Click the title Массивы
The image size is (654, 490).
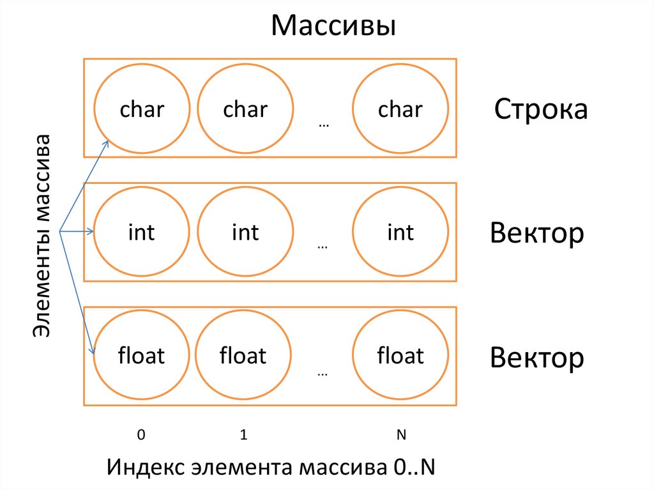point(333,27)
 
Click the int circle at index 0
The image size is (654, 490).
point(142,232)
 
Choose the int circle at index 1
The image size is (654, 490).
point(245,232)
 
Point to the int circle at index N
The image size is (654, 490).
point(400,232)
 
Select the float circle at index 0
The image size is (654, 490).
point(142,355)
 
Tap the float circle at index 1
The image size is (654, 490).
point(243,355)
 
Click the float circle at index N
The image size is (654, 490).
point(400,355)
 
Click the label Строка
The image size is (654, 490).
point(540,109)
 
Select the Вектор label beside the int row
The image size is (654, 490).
point(536,233)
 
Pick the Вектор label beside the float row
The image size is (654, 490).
point(536,358)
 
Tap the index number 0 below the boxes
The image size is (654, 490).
point(141,435)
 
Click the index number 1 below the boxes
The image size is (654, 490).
point(243,435)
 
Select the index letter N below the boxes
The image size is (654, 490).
point(401,435)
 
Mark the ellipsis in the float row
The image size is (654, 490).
point(323,373)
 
